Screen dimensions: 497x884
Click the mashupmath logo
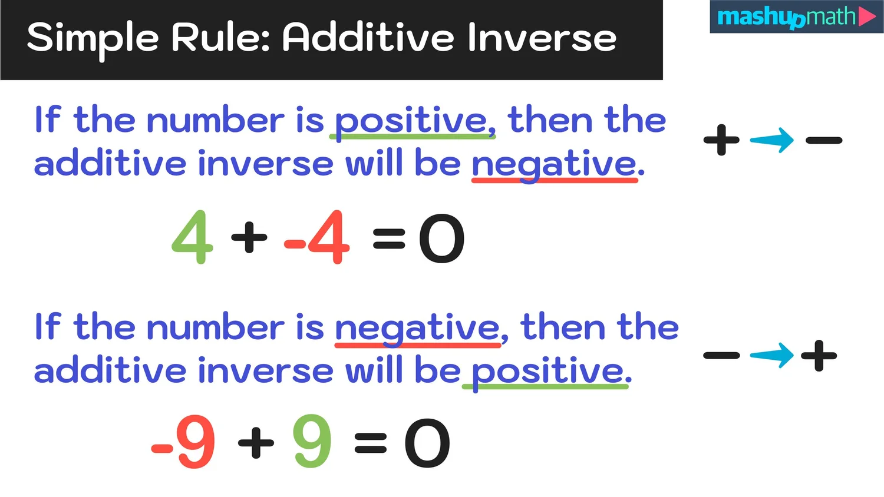(796, 17)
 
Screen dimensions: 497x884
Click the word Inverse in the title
(542, 38)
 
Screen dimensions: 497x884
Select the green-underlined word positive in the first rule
(412, 121)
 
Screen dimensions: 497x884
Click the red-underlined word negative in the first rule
(554, 164)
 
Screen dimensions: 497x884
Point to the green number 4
(192, 237)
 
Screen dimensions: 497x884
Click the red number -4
(318, 237)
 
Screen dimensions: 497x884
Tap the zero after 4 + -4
(441, 238)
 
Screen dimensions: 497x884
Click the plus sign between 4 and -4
(249, 237)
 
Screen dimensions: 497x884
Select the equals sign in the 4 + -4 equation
(389, 238)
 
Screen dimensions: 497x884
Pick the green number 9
(312, 442)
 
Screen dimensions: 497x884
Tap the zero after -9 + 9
(427, 443)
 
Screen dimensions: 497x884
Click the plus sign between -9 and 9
(256, 442)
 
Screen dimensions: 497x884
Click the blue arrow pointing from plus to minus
(772, 140)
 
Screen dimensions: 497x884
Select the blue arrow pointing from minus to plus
(772, 355)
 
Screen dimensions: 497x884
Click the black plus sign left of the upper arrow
(721, 140)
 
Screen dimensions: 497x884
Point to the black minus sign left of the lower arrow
(721, 355)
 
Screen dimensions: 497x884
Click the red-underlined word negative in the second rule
(417, 328)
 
